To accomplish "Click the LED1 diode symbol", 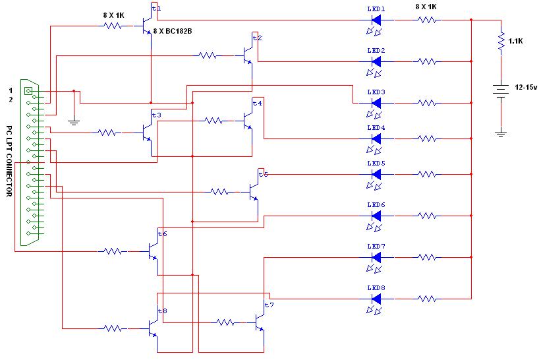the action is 376,20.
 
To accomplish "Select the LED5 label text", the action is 376,164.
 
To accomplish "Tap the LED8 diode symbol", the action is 376,299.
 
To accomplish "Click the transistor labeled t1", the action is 148,26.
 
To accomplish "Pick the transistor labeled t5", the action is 254,192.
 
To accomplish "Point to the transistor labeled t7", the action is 260,322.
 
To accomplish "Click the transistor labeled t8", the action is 154,329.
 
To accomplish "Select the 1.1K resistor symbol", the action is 501,42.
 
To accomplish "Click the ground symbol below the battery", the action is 501,134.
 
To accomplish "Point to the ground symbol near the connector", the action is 74,122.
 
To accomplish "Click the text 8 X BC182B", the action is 173,31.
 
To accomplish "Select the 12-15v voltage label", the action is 526,87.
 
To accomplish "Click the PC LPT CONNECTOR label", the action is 9,161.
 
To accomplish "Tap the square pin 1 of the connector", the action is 28,91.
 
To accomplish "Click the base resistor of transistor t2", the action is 208,55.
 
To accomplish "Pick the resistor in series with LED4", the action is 427,138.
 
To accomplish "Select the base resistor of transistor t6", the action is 113,251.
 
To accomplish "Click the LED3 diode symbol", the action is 376,103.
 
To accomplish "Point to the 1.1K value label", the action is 516,42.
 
